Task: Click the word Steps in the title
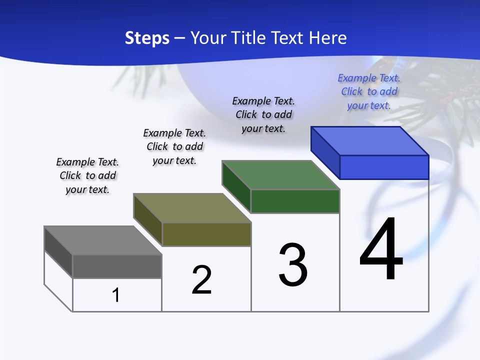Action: point(147,38)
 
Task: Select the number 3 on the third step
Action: point(293,265)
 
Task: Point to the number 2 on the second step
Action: point(202,280)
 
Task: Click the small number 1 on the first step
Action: point(116,295)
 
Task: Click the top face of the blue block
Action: point(370,141)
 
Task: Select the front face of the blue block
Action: point(384,167)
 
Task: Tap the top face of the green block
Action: point(281,175)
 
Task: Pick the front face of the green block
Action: point(295,201)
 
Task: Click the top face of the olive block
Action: point(192,208)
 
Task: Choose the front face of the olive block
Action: point(206,234)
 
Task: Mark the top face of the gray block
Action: point(103,240)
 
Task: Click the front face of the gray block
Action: point(117,266)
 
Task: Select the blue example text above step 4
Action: point(369,91)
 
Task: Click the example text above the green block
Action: point(263,114)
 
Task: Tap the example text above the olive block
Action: point(174,146)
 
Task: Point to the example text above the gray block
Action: point(87,175)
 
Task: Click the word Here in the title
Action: point(329,38)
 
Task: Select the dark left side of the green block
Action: point(236,186)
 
